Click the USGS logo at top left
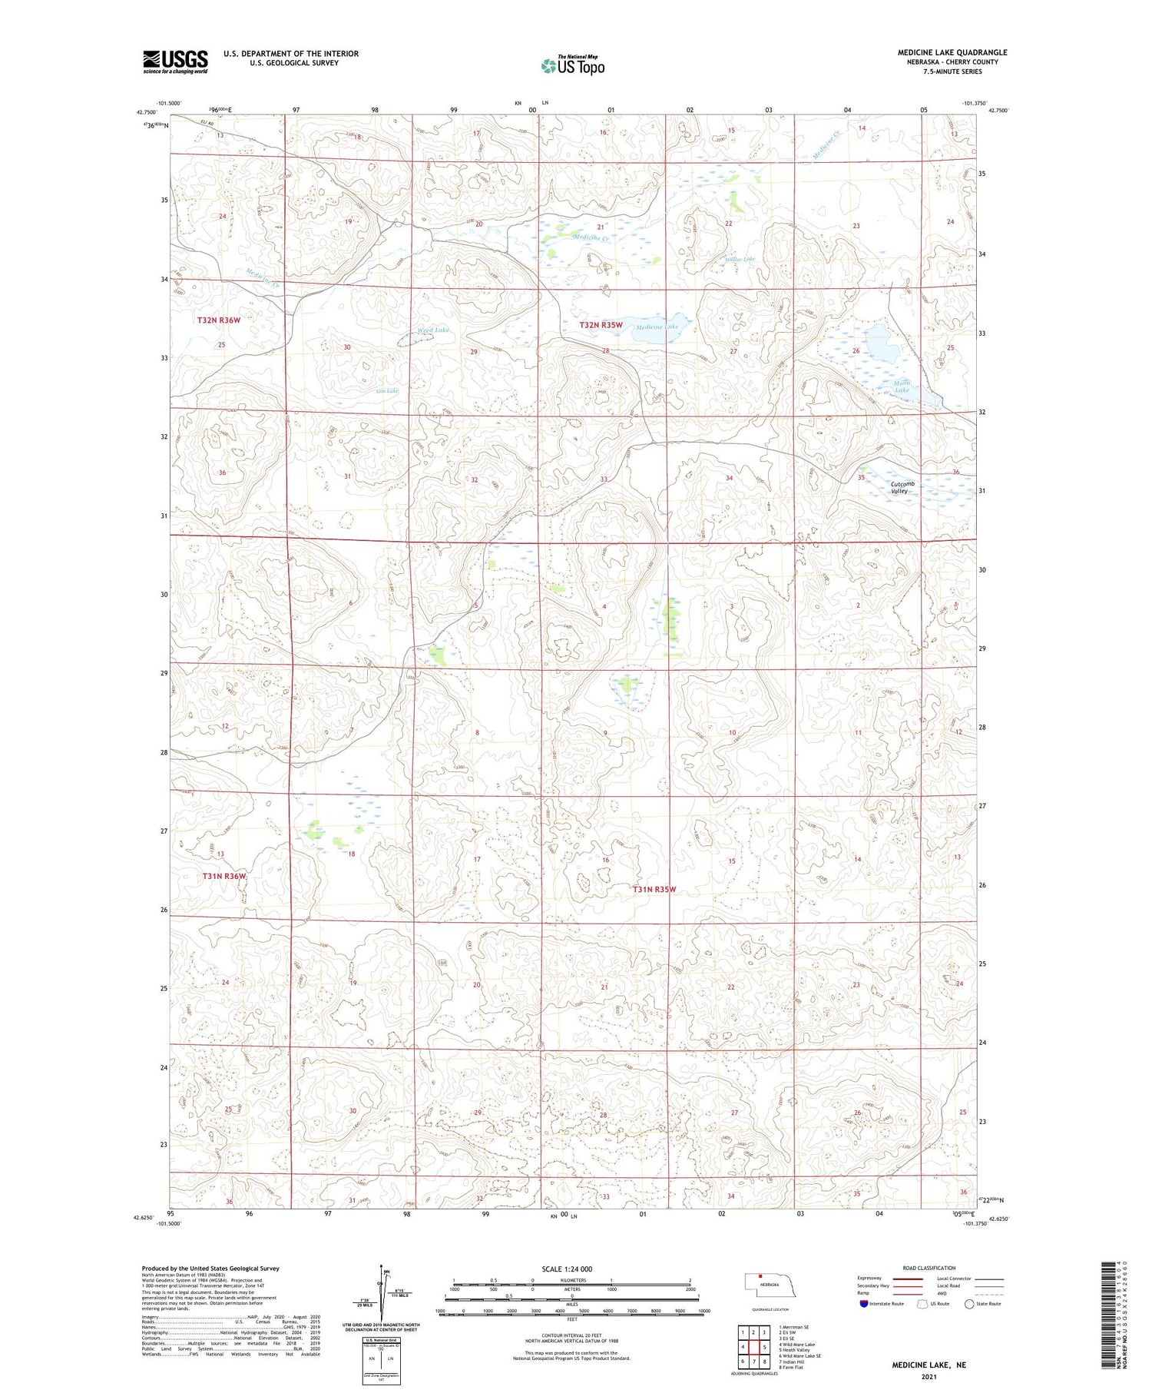coord(175,61)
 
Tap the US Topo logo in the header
coord(573,66)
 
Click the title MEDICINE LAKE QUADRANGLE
coord(952,52)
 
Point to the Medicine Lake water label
coord(657,327)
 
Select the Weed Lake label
coord(432,330)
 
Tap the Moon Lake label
coord(902,386)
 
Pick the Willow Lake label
coord(740,259)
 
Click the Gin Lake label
coord(386,391)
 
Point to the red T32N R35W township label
coord(601,325)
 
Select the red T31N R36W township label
coord(224,876)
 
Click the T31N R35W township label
coord(654,889)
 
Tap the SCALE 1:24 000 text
coord(567,1269)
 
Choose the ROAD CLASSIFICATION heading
coord(929,1268)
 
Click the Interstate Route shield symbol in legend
coord(864,1303)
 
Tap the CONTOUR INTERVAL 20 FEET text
coord(571,1335)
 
